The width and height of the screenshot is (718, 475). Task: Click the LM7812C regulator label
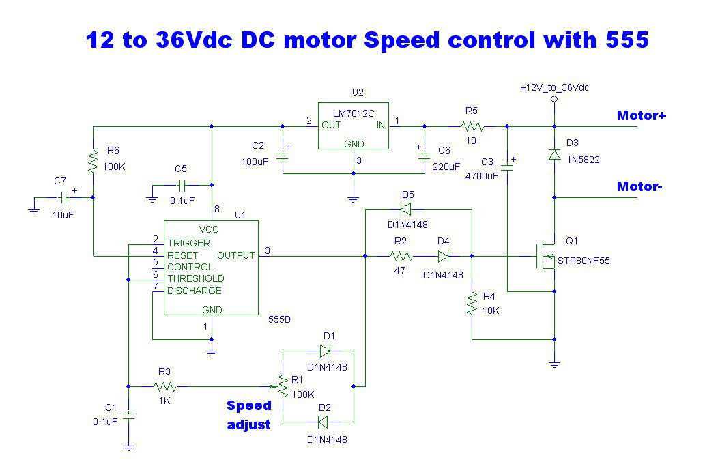click(354, 113)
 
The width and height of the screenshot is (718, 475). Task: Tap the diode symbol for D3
click(554, 154)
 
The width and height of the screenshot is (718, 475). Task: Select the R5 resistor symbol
click(472, 126)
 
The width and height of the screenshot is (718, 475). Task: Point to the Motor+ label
click(642, 115)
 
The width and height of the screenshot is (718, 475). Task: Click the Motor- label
click(640, 186)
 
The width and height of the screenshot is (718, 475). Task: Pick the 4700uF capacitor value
click(482, 176)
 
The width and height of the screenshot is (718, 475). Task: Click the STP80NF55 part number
click(584, 261)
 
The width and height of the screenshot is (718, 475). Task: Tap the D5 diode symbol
click(405, 210)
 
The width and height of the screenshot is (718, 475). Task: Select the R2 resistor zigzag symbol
click(401, 256)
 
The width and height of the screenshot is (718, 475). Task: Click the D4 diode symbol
click(443, 256)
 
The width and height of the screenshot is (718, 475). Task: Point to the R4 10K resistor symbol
click(472, 303)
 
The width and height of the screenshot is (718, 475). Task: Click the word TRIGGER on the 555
click(188, 243)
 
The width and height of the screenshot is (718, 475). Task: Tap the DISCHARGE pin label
click(194, 291)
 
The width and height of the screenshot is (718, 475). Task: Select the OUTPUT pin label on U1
click(236, 255)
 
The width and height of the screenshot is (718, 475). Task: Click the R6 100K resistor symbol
click(93, 161)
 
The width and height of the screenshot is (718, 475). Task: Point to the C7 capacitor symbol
click(63, 197)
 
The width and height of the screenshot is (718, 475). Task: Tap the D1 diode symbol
click(325, 351)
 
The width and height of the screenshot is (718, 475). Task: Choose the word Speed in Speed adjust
click(249, 406)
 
